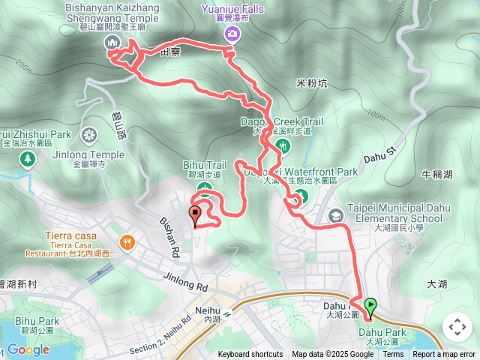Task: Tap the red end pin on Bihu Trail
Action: pos(196,214)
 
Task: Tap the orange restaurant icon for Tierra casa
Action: pos(128,241)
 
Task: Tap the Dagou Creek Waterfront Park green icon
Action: pos(299,198)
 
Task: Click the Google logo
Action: pos(28,349)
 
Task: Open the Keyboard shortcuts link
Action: pos(250,355)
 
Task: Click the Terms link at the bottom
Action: pos(393,355)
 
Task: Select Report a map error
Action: pos(443,355)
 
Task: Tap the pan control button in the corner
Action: pos(457,327)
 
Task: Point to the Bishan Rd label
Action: pos(170,233)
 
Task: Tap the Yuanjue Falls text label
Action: pos(232,9)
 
